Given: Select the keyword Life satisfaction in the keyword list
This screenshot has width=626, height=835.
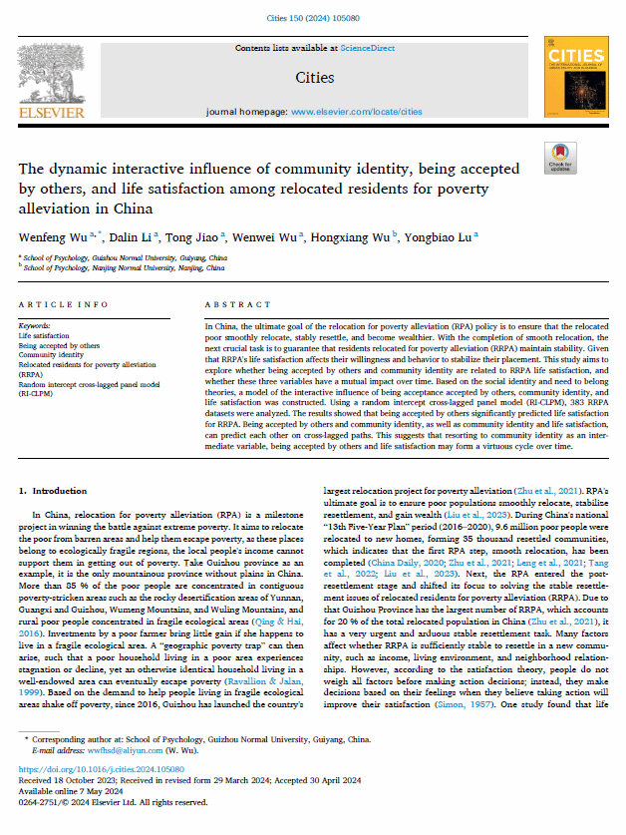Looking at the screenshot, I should (x=45, y=337).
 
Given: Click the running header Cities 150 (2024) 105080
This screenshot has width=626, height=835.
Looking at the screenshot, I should (x=313, y=16).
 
